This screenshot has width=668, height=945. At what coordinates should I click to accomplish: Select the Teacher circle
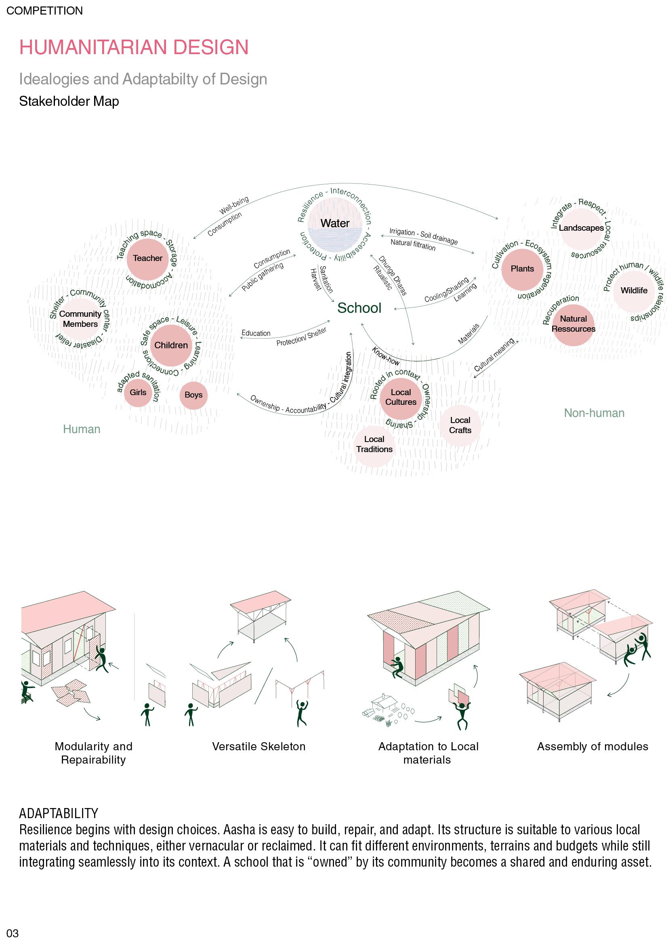[x=148, y=259]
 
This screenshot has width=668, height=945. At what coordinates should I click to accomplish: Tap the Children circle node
[x=171, y=345]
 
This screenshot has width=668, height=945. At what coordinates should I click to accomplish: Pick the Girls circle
[x=138, y=393]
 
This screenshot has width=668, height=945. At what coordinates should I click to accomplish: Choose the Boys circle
[x=193, y=395]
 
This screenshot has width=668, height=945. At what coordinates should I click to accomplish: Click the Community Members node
[x=80, y=319]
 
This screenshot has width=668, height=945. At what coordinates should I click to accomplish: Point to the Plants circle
[x=522, y=269]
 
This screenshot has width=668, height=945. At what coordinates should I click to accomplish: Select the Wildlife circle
[x=633, y=290]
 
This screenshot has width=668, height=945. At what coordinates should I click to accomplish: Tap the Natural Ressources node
[x=573, y=324]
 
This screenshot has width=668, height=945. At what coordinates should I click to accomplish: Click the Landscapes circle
[x=581, y=228]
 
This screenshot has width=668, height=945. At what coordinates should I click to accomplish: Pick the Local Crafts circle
[x=460, y=425]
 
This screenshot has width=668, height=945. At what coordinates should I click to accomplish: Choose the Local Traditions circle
[x=374, y=444]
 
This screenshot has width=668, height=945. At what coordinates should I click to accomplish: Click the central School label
[x=359, y=308]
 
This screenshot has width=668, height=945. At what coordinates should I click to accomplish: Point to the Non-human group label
[x=594, y=413]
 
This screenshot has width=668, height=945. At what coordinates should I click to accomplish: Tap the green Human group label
[x=82, y=429]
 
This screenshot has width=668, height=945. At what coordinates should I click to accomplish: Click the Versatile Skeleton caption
[x=259, y=747]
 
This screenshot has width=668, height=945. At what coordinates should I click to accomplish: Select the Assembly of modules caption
[x=592, y=747]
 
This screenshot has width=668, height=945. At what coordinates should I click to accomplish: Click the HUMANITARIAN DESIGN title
[x=134, y=47]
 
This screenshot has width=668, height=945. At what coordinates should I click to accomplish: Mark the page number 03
[x=13, y=933]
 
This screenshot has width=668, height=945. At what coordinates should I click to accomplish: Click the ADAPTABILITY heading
[x=59, y=813]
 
